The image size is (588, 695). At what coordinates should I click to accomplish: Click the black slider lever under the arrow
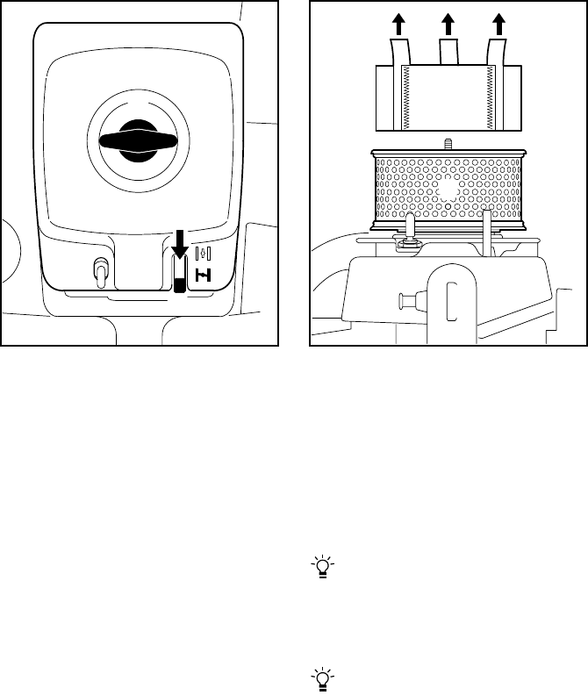click(180, 282)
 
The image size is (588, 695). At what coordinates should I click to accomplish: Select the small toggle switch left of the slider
click(100, 274)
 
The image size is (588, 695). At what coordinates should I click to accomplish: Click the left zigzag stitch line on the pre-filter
click(405, 97)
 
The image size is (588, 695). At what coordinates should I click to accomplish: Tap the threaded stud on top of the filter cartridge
click(448, 144)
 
